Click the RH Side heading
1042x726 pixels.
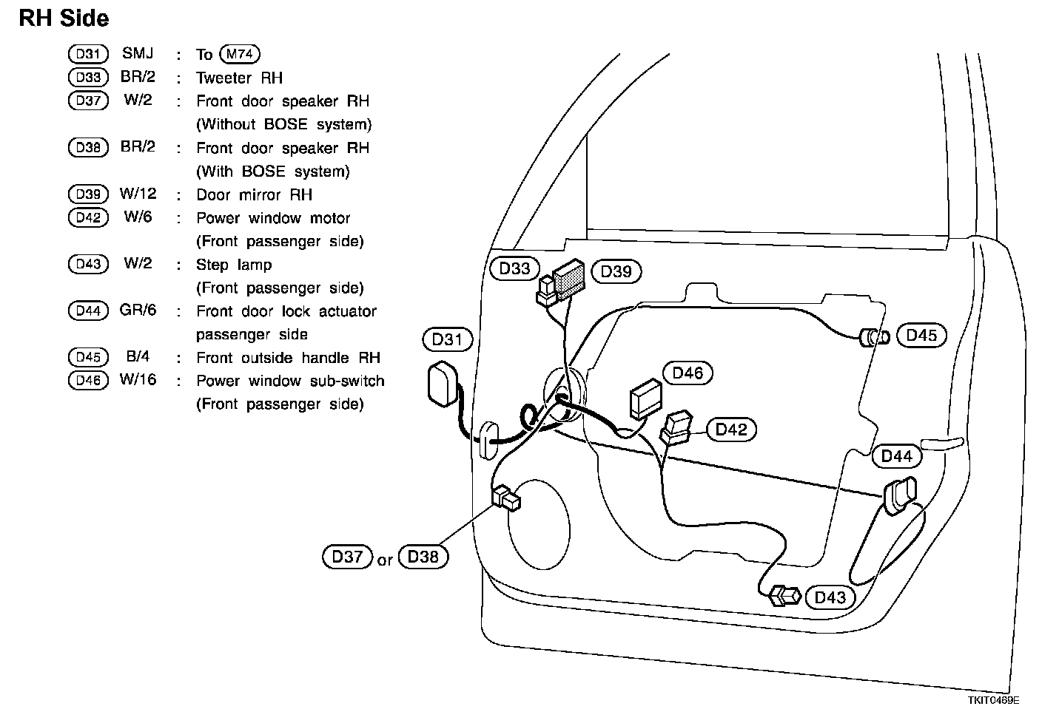coord(64,18)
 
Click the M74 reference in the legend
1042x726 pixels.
coord(239,54)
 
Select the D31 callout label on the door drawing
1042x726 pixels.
coord(447,339)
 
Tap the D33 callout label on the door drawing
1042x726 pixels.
coord(514,269)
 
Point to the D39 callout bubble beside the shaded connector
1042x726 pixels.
coord(616,271)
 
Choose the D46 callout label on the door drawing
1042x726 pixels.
coord(688,373)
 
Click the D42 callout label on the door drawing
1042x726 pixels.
coord(731,430)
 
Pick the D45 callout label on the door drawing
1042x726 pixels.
coord(921,336)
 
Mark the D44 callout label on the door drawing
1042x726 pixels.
coord(897,456)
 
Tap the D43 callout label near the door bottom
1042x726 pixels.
coord(830,597)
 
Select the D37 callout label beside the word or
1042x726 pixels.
coord(347,557)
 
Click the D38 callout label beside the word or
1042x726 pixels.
coord(423,557)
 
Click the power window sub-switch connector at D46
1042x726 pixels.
coord(645,399)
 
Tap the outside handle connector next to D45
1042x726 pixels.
coord(873,338)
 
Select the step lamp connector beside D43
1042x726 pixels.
coord(785,595)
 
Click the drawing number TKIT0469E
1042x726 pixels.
coord(992,700)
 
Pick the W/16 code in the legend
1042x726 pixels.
coord(138,381)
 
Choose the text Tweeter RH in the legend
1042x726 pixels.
coord(239,78)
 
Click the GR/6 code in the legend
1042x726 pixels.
coord(138,311)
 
